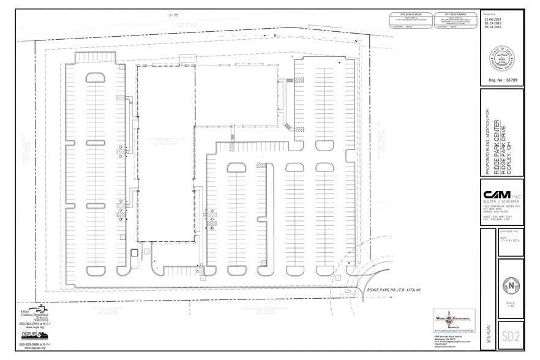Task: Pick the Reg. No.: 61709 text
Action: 501,80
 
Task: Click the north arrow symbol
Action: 510,285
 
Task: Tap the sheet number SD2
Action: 510,336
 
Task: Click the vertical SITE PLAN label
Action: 487,336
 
